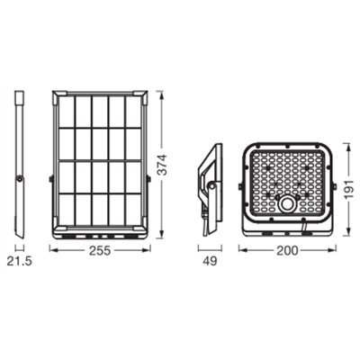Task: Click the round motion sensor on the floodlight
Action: pyautogui.click(x=287, y=205)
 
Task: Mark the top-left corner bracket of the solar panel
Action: pyautogui.click(x=57, y=93)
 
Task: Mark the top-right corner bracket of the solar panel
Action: pyautogui.click(x=141, y=93)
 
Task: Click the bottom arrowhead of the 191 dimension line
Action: pyautogui.click(x=343, y=228)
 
